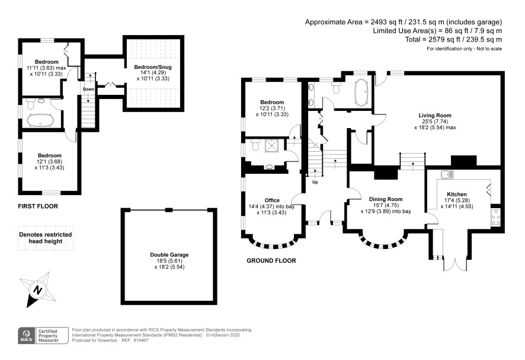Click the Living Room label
[434, 116]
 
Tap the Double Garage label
[169, 255]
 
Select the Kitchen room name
[457, 195]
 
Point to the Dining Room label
[386, 199]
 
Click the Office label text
[272, 200]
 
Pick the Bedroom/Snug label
[153, 67]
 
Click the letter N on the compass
[38, 289]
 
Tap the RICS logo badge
[26, 336]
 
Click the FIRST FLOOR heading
[38, 206]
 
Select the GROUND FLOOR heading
[271, 261]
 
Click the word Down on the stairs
[88, 89]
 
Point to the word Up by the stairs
[315, 182]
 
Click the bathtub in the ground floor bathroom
[361, 93]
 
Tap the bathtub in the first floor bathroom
[40, 120]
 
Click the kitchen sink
[447, 174]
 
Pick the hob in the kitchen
[495, 217]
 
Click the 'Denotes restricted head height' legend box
[46, 238]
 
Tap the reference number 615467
[140, 340]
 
